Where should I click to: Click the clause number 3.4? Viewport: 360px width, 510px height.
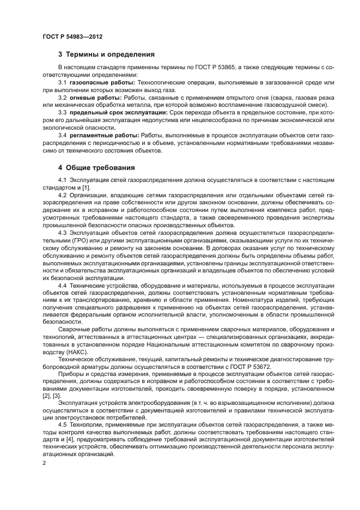click(63, 135)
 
